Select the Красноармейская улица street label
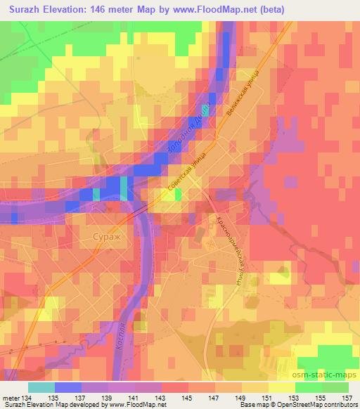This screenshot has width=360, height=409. coord(233,249)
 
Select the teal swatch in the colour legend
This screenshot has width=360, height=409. coord(41,387)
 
